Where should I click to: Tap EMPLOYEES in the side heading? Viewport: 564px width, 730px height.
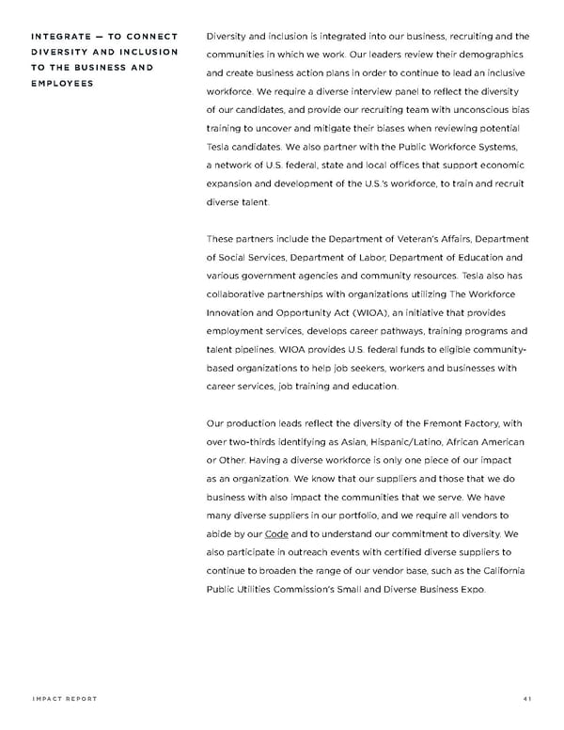(62, 83)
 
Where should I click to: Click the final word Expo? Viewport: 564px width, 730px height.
(471, 589)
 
